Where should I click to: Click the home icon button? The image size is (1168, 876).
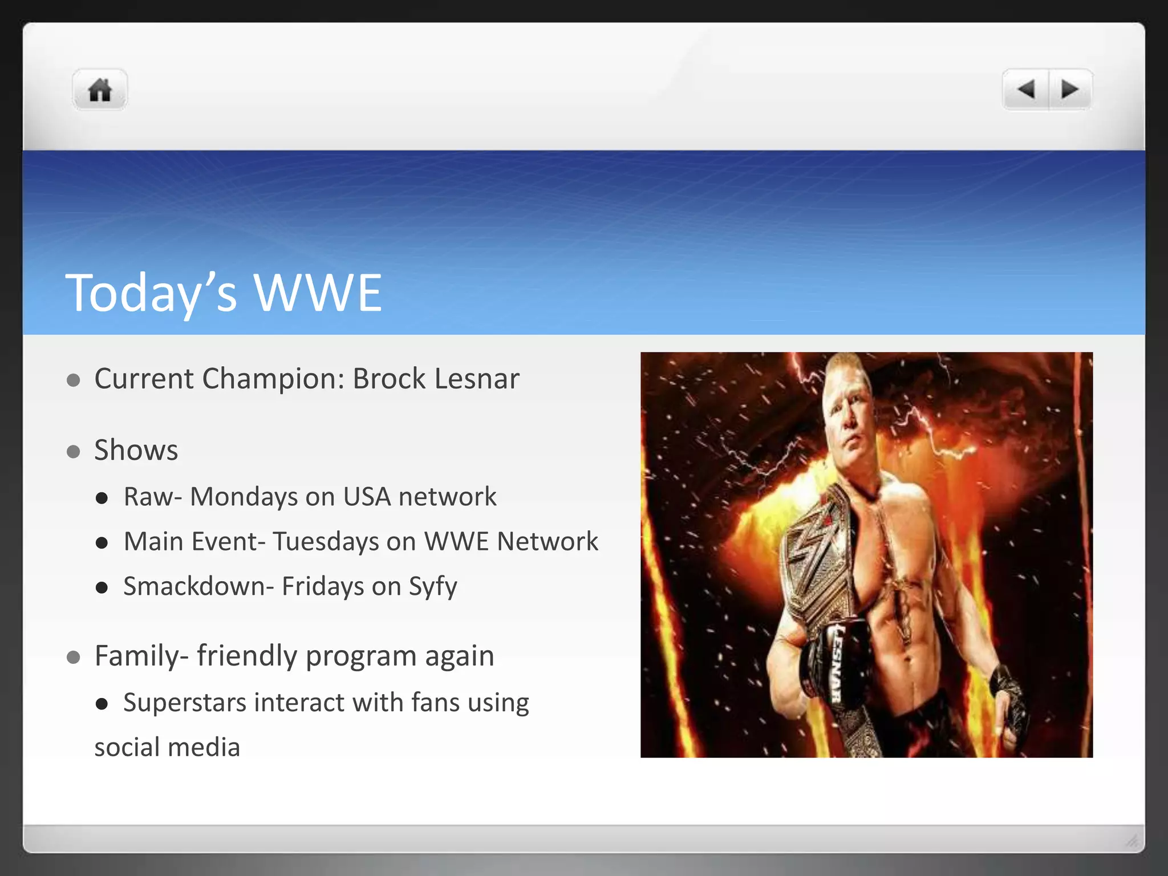[x=100, y=90]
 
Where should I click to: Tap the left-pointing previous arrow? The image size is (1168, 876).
[x=1026, y=90]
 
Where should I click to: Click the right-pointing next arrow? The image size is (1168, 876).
[x=1069, y=90]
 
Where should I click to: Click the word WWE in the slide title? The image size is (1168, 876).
[x=317, y=293]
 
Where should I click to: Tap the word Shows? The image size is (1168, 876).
[x=136, y=450]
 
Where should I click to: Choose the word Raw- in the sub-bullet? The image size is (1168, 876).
[x=153, y=497]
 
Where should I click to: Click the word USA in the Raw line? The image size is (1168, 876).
[x=367, y=497]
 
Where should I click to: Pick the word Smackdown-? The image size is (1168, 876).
[x=199, y=586]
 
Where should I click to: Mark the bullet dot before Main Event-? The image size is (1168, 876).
[x=102, y=542]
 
